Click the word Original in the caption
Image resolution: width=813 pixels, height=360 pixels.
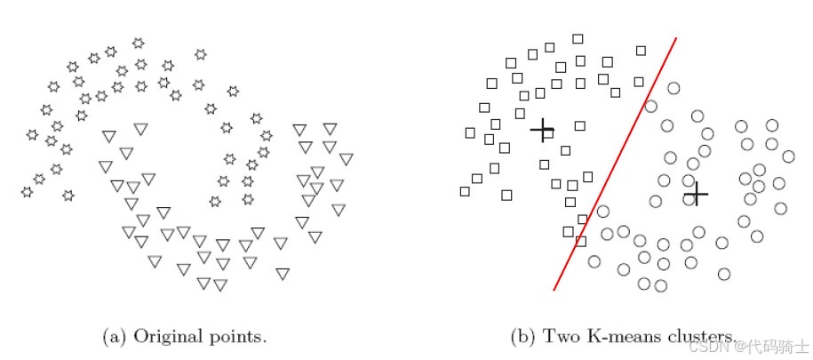pos(162,337)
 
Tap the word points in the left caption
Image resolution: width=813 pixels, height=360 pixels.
pos(240,338)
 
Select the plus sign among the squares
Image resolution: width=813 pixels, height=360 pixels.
pos(542,131)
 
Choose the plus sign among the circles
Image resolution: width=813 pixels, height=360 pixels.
pos(697,193)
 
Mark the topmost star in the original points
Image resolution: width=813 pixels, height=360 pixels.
pos(138,43)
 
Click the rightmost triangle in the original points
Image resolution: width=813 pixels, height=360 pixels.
pos(347,159)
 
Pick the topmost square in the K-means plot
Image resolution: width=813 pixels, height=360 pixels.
pos(578,39)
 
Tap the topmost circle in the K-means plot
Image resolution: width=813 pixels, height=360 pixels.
pos(673,88)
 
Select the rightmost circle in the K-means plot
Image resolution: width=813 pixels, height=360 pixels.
pos(788,156)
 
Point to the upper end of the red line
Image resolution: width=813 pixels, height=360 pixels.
pos(676,38)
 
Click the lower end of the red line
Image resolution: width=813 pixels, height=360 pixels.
pos(554,289)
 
